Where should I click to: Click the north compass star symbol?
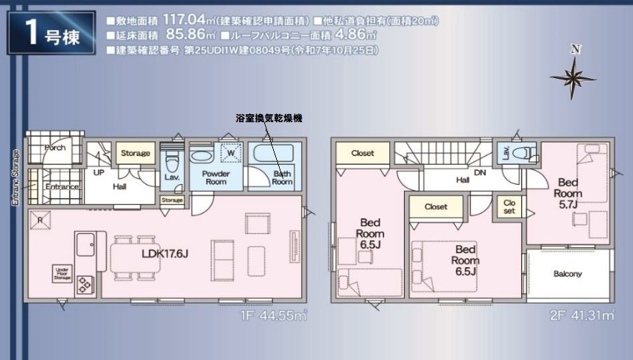[x=573, y=76]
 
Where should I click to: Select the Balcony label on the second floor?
[x=567, y=274]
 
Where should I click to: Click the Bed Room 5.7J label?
[x=568, y=192]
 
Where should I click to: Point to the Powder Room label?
[x=216, y=177]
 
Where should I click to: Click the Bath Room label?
[x=282, y=177]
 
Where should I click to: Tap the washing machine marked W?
[x=231, y=153]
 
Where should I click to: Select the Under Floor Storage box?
[x=63, y=273]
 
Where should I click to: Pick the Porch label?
[x=54, y=147]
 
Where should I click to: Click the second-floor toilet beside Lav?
[x=524, y=153]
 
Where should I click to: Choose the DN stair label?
[x=480, y=174]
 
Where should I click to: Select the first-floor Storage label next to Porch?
[x=135, y=153]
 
